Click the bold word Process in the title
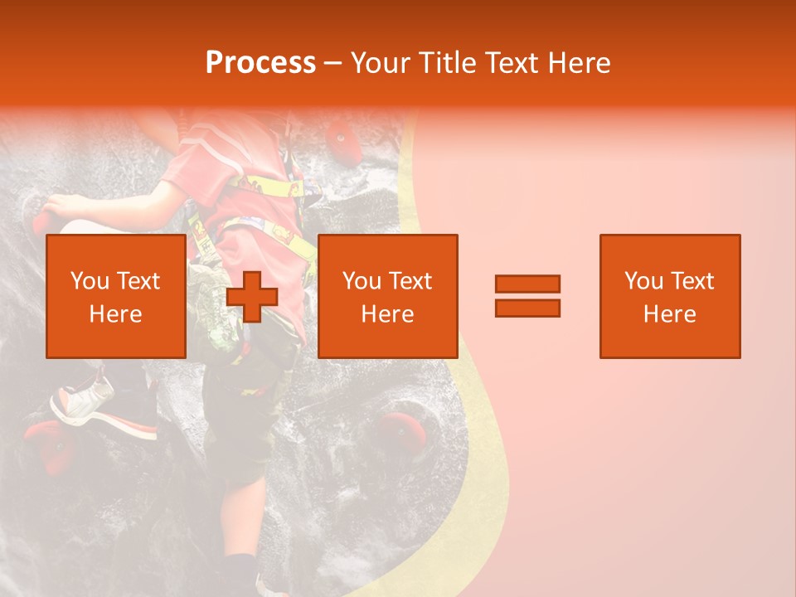(260, 63)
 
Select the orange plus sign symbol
(252, 297)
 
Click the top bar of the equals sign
(527, 284)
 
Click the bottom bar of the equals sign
(527, 308)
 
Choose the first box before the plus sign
(115, 296)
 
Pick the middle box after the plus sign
(387, 296)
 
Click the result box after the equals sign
(669, 296)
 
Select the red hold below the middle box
(405, 431)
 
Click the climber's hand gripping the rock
(58, 211)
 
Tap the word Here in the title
(578, 63)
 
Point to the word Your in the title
(381, 63)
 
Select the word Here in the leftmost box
(115, 314)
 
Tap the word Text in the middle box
(410, 281)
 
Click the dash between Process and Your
(333, 64)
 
